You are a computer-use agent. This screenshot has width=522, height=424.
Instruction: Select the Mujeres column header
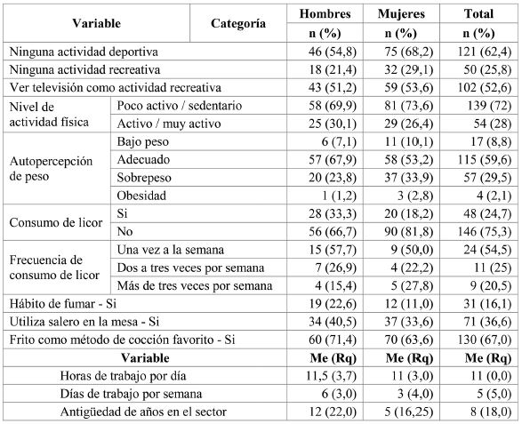pos(401,15)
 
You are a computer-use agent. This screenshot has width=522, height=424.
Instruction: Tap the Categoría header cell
pos(237,25)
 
